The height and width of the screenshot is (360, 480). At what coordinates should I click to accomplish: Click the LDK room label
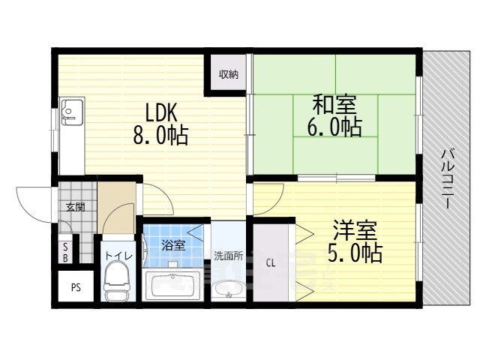click(x=161, y=112)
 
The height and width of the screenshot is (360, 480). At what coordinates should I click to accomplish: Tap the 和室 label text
click(x=334, y=104)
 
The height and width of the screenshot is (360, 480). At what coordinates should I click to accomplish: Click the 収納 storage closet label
click(x=229, y=74)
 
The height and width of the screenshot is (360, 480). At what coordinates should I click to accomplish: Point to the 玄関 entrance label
click(x=76, y=208)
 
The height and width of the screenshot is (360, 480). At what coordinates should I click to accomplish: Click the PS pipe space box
click(x=76, y=287)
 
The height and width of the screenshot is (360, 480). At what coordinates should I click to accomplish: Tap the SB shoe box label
click(x=65, y=252)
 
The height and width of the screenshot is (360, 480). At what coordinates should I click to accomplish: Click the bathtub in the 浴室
click(x=173, y=286)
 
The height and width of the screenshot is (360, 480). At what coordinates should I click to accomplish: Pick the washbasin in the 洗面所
click(x=228, y=290)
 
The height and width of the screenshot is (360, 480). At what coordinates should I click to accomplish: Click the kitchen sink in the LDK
click(x=72, y=112)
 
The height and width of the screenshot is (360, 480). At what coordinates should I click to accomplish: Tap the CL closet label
click(x=271, y=262)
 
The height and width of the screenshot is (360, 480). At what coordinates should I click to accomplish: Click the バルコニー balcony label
click(x=447, y=179)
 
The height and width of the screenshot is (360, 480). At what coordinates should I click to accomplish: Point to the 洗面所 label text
click(x=228, y=256)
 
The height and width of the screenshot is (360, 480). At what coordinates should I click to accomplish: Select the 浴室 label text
click(x=173, y=245)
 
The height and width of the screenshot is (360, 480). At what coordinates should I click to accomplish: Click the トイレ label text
click(x=119, y=256)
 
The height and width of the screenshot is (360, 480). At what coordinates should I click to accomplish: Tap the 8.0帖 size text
click(x=160, y=135)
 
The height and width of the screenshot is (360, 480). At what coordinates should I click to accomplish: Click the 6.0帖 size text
click(x=334, y=127)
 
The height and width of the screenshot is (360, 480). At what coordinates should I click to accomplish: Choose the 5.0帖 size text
click(x=355, y=253)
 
